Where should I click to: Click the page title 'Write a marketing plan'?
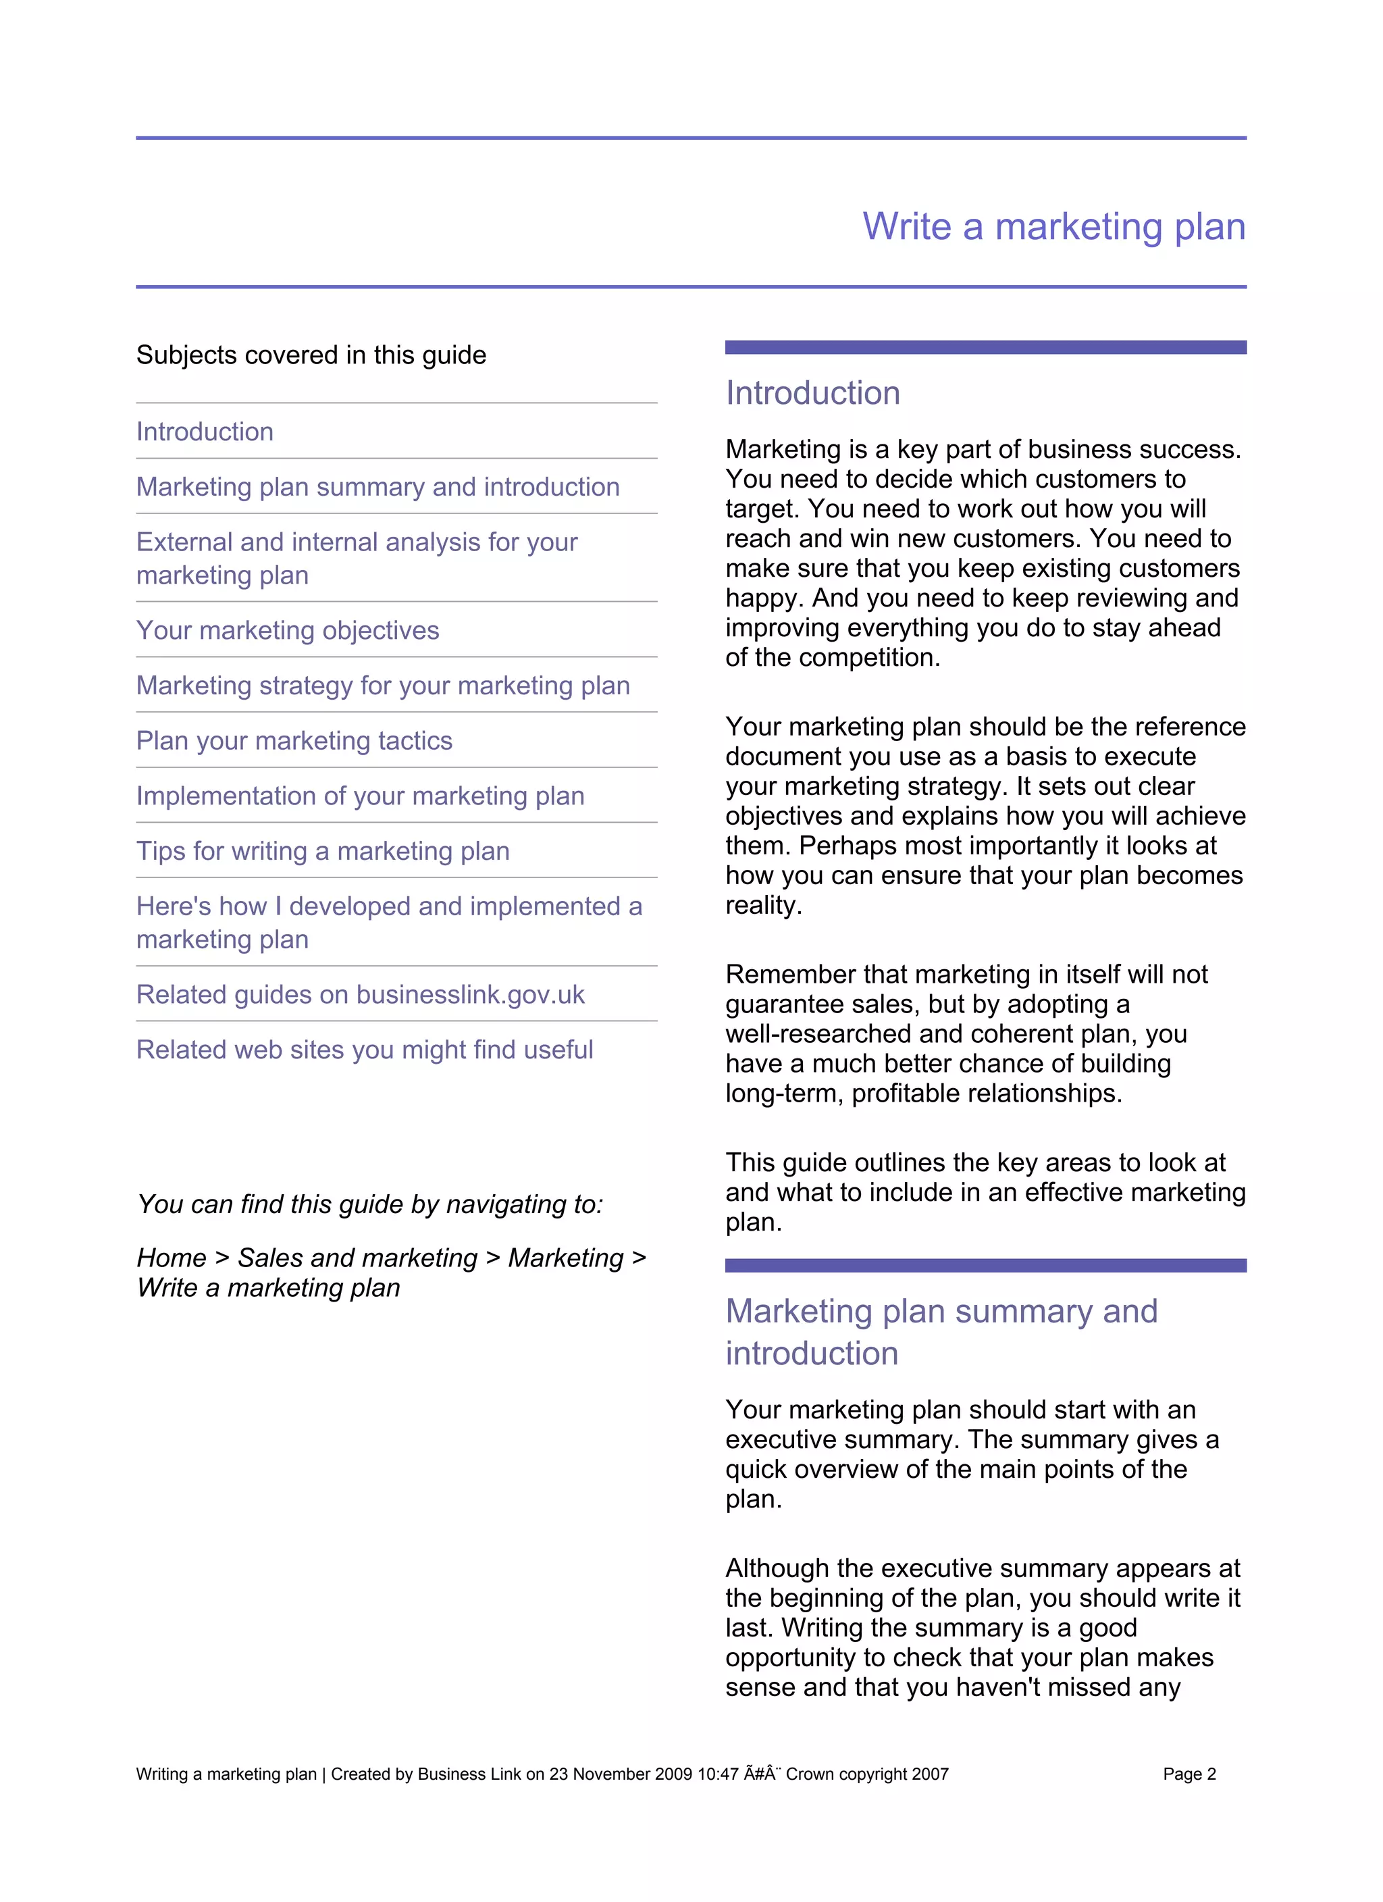point(1053,227)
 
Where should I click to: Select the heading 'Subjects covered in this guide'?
point(311,355)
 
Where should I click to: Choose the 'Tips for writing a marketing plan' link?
point(323,851)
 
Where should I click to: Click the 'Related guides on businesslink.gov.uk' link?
point(361,995)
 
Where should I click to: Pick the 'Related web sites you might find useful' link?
point(365,1050)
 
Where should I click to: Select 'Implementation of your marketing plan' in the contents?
point(361,796)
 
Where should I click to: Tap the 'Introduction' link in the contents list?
point(205,432)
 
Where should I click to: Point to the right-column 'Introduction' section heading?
point(812,393)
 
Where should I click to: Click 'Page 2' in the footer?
point(1189,1774)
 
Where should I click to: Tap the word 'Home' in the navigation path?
point(171,1258)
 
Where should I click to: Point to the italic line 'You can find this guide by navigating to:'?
point(370,1204)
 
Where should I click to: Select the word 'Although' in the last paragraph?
point(777,1568)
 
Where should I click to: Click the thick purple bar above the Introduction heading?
point(985,347)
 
